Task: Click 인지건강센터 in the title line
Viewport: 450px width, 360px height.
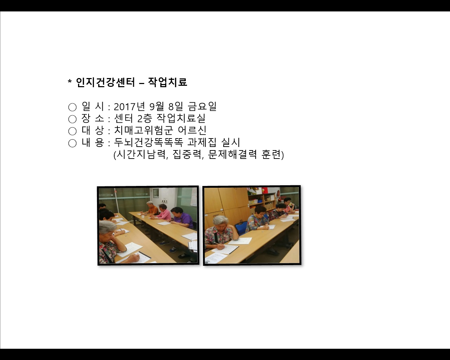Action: (x=105, y=82)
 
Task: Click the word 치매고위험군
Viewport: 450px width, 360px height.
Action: (x=143, y=130)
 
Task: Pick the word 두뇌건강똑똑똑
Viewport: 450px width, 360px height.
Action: (x=148, y=142)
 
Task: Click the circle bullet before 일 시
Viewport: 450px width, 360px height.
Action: (x=72, y=107)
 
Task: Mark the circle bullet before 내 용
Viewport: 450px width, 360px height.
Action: (x=72, y=143)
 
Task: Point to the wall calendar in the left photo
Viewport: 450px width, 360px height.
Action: (x=194, y=197)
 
